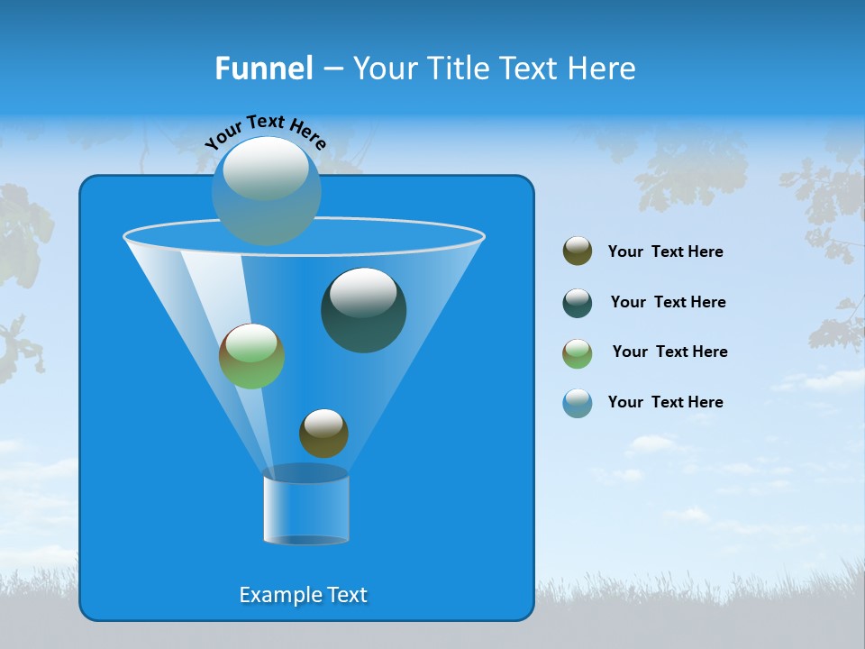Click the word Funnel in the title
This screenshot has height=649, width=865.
point(263,69)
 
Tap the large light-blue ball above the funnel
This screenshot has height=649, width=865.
point(266,190)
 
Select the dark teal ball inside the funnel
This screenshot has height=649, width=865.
point(364,311)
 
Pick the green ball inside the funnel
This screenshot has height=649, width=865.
point(251,356)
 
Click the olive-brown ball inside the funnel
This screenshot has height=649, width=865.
point(323,434)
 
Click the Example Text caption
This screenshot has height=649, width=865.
point(303,595)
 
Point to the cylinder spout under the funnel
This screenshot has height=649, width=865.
point(305,509)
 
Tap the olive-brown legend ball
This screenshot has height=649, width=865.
point(578,251)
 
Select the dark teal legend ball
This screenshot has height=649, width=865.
point(578,303)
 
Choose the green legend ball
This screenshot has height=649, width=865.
point(578,353)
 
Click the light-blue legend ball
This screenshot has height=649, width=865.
point(578,403)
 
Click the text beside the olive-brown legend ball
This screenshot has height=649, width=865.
point(665,251)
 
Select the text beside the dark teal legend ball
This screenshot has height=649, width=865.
point(668,302)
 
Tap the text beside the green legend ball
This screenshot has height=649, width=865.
point(669,352)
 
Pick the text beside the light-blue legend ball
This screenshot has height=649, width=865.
point(665,402)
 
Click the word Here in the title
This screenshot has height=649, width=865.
point(604,69)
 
